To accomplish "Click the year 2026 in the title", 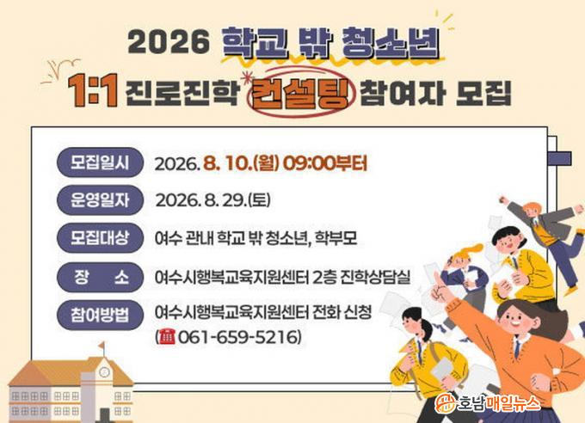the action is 169,41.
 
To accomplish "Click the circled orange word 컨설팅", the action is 299,92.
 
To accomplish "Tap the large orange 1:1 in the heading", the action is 93,90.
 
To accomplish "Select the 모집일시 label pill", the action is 100,162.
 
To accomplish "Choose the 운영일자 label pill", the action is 100,200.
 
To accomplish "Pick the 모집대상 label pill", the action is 100,237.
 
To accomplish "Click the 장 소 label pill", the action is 100,277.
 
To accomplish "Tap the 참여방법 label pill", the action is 100,315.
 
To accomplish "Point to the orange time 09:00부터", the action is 325,163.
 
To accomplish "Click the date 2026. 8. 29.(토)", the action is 212,200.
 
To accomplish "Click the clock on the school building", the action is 104,371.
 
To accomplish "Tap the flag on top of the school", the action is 102,346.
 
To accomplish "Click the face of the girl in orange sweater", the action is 513,318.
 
